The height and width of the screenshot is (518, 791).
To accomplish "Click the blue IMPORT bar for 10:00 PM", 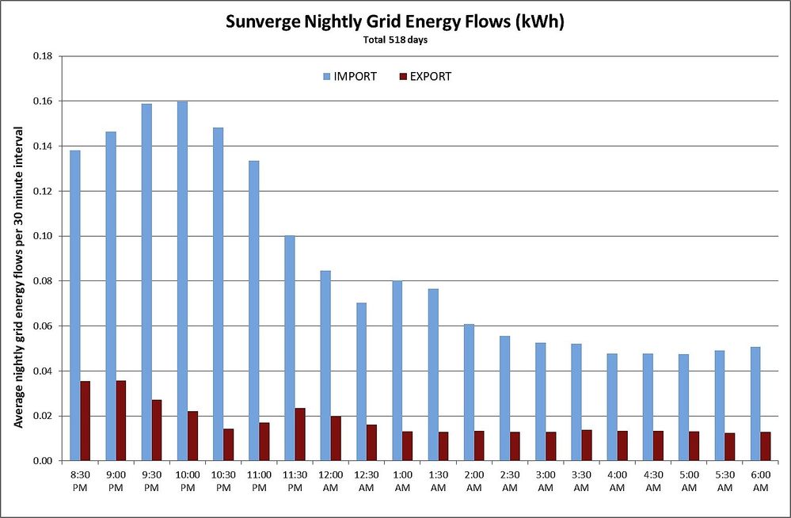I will pos(182,280).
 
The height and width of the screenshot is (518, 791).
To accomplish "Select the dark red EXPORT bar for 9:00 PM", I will pos(121,421).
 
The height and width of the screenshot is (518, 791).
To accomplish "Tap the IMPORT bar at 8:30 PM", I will pos(75,305).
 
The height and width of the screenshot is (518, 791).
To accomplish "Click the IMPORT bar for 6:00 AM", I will pos(755,404).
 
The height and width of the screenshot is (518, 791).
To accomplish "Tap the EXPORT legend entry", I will pos(424,77).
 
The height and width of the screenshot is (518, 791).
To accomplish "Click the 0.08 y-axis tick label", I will pos(41,281).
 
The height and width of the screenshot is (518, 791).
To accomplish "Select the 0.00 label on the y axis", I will pos(41,461).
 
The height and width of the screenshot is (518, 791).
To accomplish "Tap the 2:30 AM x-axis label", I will pos(509,481).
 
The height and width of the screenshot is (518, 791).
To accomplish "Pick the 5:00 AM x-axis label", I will pos(688,481).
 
